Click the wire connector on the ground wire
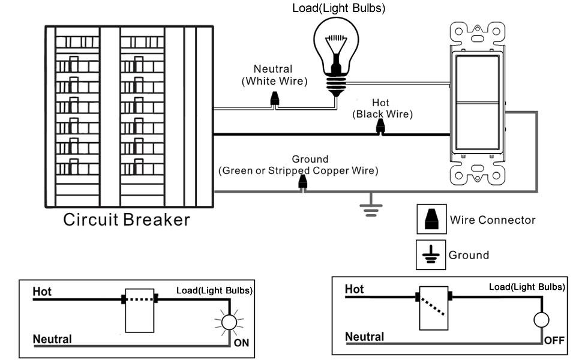click(303, 183)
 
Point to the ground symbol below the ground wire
click(371, 207)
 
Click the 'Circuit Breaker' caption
click(127, 220)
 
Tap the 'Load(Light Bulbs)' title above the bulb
click(338, 8)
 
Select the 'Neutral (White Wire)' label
click(273, 75)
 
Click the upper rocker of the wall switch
click(478, 78)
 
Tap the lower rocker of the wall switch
click(478, 126)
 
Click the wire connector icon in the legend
click(431, 220)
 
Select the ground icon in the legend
click(431, 255)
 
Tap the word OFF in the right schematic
click(554, 341)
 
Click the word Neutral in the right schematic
click(365, 337)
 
